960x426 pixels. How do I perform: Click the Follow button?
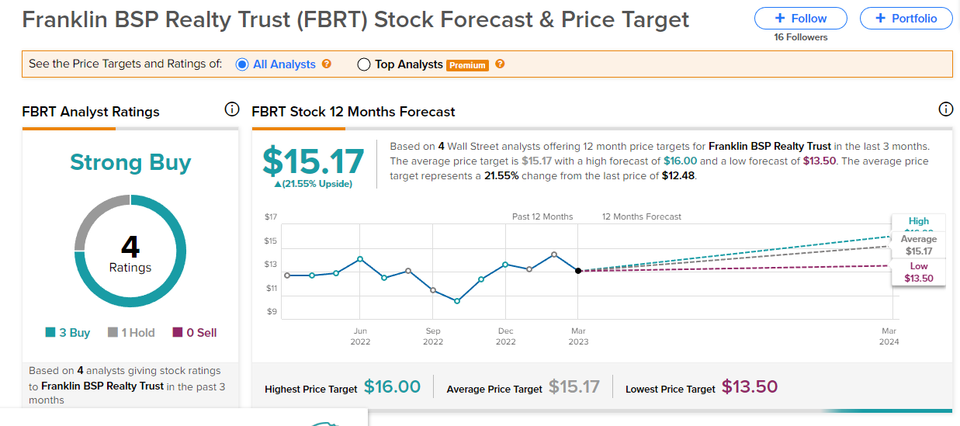[802, 18]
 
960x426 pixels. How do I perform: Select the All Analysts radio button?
[242, 64]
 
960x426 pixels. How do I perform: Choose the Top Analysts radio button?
[364, 65]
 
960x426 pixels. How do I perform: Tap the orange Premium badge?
[467, 65]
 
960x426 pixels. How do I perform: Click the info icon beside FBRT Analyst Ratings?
[231, 109]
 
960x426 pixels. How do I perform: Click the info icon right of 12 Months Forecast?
[945, 109]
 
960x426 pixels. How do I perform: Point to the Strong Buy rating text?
[130, 162]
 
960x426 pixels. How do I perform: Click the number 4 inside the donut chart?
[130, 247]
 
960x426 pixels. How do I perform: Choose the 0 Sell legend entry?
[194, 332]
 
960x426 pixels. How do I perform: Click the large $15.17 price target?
[313, 161]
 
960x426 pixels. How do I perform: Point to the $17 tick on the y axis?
[270, 216]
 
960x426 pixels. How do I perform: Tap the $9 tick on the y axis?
[272, 312]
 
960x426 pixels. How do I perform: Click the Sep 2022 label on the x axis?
[433, 336]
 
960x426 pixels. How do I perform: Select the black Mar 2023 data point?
[578, 271]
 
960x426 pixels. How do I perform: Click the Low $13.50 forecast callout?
[919, 272]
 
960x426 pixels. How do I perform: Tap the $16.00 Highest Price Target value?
[392, 386]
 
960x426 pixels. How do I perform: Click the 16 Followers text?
[801, 37]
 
